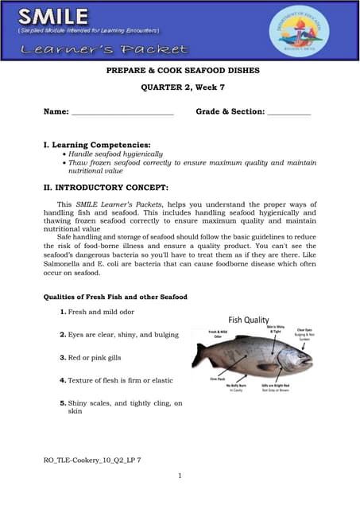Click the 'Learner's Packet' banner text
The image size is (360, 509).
[104, 49]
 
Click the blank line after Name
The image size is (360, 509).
[122, 113]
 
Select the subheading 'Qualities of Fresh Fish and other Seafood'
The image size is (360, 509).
[115, 297]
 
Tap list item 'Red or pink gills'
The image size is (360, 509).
[95, 358]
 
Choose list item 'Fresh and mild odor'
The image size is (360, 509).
[101, 312]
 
